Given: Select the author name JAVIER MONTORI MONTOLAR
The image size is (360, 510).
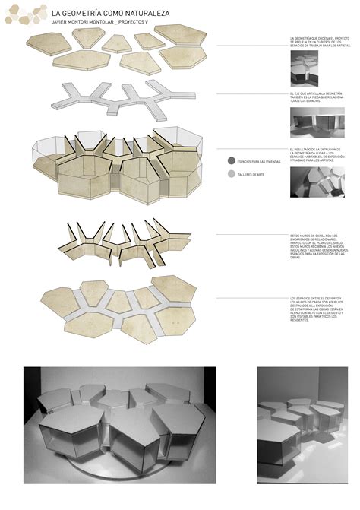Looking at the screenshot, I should point(83,23).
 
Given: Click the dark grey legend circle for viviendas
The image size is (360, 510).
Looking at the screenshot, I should point(230,161).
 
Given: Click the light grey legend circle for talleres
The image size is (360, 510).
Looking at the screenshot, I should point(230,174).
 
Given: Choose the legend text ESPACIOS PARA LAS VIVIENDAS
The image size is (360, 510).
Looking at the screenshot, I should point(258,161).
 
